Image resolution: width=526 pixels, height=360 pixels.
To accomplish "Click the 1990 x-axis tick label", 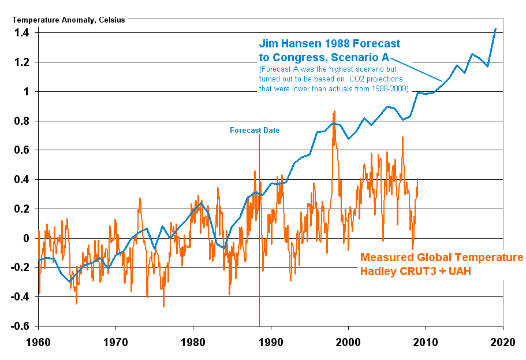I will click(x=271, y=342).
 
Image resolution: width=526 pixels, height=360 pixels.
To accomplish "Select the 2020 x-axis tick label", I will click(x=503, y=342).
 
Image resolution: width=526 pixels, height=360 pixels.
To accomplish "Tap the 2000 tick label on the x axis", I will click(x=348, y=342).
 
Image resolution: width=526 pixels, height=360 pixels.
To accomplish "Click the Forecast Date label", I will click(x=255, y=131).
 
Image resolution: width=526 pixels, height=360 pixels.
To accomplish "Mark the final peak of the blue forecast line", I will click(x=495, y=28).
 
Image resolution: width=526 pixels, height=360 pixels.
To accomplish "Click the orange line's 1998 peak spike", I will click(x=334, y=112).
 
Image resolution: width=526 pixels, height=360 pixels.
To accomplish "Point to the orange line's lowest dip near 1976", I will click(x=163, y=306).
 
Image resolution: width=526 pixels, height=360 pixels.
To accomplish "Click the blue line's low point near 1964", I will click(x=69, y=282).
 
